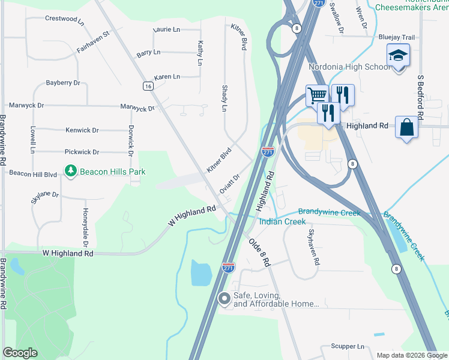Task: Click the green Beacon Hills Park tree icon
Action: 71,172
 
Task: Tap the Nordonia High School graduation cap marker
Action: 398,56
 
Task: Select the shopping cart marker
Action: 317,95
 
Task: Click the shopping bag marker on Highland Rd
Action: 406,127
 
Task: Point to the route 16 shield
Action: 148,86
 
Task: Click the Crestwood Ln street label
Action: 64,19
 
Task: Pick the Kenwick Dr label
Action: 82,130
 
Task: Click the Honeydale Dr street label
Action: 86,227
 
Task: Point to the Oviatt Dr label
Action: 229,183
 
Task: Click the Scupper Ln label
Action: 348,347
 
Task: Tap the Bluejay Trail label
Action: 396,37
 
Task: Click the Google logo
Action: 20,353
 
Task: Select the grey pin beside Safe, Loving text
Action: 224,298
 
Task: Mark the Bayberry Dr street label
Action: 63,83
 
